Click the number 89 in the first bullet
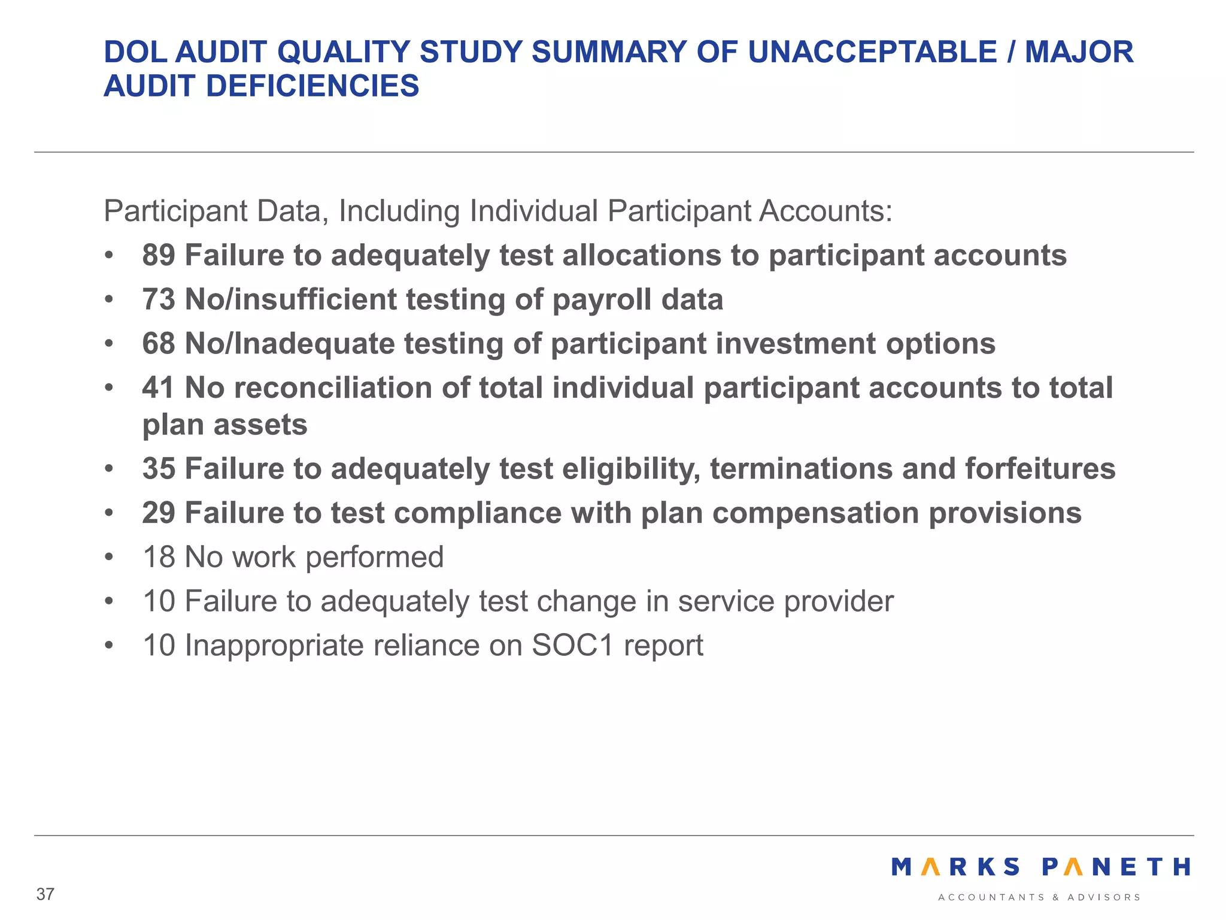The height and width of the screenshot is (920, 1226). [159, 256]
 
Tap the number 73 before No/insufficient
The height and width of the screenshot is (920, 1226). [159, 300]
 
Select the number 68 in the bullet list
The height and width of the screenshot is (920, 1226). [159, 344]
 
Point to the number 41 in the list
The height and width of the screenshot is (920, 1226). [159, 388]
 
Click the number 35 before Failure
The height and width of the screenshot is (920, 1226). [159, 469]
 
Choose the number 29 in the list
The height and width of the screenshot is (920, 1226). [159, 513]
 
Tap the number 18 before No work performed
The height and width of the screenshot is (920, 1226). [159, 558]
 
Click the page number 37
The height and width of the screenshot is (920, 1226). [45, 894]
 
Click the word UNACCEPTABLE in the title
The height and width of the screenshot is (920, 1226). [872, 52]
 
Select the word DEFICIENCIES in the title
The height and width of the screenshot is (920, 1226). [312, 86]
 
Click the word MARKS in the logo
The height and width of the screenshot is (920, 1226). [955, 867]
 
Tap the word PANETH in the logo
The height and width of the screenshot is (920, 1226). [1116, 867]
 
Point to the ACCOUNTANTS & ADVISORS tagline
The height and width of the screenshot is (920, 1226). [1039, 897]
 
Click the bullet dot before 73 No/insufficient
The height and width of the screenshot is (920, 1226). [108, 300]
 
